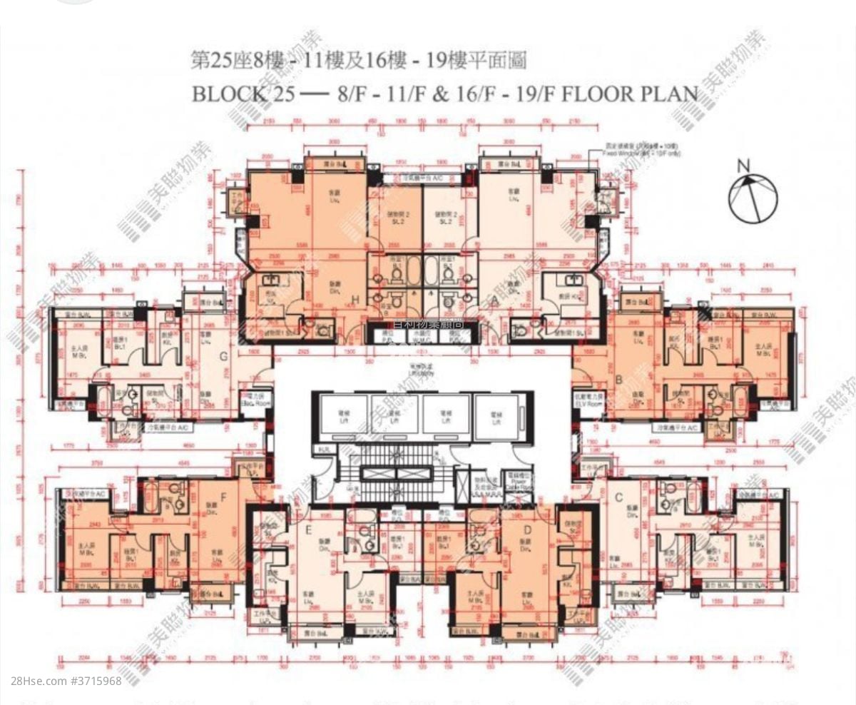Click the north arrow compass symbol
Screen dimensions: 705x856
(x=753, y=197)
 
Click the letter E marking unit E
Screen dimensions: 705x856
(x=308, y=530)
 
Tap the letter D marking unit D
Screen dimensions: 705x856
(x=526, y=530)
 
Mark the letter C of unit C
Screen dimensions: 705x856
(x=618, y=497)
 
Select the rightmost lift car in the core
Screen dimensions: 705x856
(x=498, y=414)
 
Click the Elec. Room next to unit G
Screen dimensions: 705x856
(x=255, y=401)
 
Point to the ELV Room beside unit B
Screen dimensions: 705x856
(x=589, y=401)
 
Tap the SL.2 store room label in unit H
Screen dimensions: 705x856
(x=394, y=220)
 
